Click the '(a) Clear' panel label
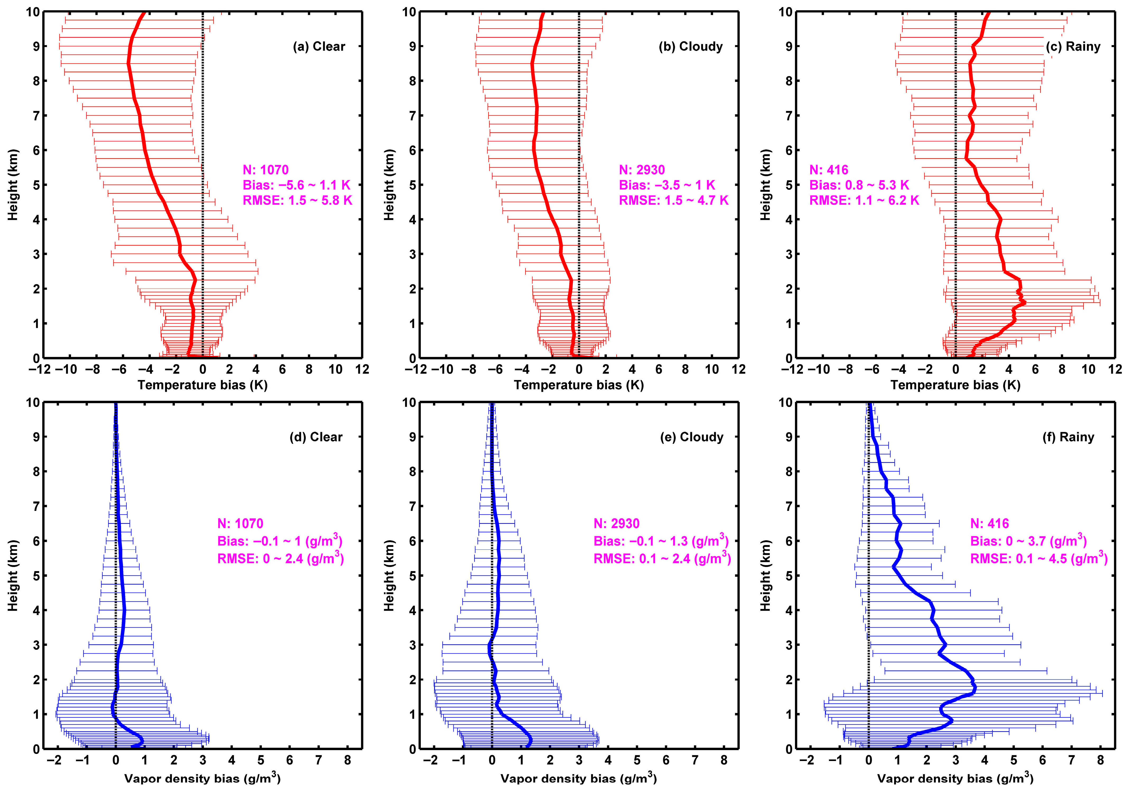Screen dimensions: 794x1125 (x=319, y=46)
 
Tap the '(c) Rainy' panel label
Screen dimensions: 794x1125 (x=1073, y=46)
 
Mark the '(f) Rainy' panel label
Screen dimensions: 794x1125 (x=1068, y=437)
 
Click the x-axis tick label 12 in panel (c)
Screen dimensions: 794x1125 (x=1115, y=369)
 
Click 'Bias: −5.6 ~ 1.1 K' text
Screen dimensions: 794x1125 (x=296, y=185)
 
